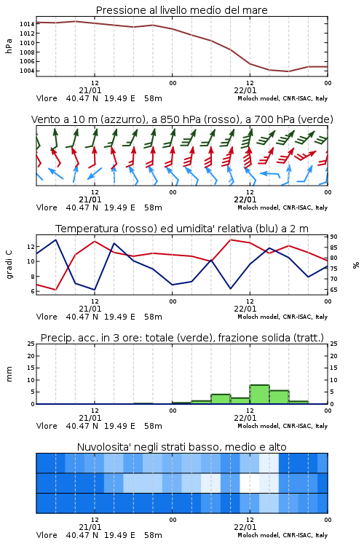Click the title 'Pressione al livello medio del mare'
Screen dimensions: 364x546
point(181,10)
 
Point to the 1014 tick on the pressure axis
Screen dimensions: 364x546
point(26,24)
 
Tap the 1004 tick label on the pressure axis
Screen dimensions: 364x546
point(26,71)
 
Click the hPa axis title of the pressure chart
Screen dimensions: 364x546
point(9,47)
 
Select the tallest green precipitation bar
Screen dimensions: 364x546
point(259,394)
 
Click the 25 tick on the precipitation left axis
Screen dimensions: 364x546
point(31,344)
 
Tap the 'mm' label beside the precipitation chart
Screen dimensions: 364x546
point(9,374)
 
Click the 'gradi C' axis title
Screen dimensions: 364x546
point(9,265)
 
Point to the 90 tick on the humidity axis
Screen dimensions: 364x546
point(333,237)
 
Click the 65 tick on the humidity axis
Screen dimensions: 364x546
point(333,290)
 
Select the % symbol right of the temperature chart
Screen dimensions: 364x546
point(356,265)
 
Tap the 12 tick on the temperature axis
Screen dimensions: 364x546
point(31,247)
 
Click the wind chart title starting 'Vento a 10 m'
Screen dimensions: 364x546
point(182,119)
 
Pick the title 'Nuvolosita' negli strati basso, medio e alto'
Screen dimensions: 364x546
point(181,447)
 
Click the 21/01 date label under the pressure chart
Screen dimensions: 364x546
point(90,90)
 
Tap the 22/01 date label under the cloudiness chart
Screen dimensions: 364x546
point(245,527)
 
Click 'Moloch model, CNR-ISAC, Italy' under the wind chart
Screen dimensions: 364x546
point(282,207)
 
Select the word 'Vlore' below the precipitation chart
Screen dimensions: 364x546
point(47,426)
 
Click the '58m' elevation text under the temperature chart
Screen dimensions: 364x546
point(154,317)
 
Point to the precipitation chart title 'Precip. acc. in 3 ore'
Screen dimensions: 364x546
point(182,338)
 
